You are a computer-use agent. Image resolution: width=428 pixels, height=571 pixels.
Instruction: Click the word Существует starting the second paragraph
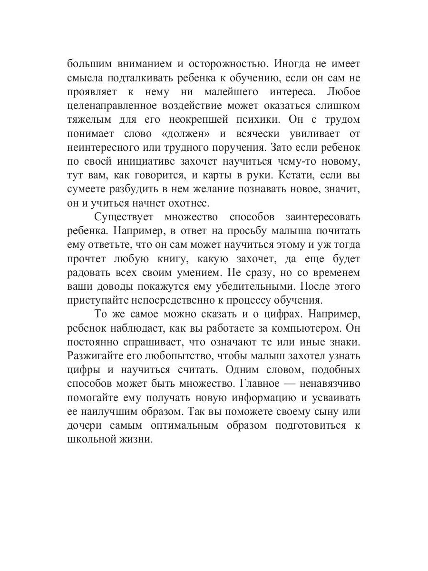pyautogui.click(x=122, y=217)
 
